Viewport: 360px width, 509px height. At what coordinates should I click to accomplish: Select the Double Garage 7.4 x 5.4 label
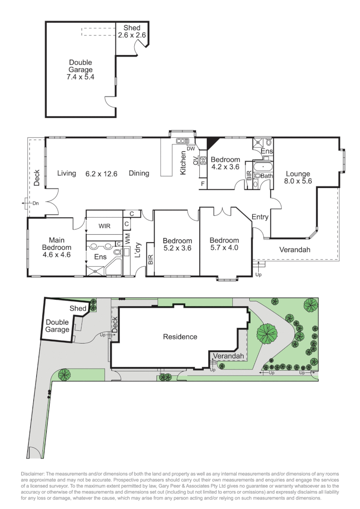pos(81,69)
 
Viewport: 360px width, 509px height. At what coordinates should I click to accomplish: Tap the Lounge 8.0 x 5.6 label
pos(298,177)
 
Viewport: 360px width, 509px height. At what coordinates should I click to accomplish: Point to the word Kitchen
pos(183,163)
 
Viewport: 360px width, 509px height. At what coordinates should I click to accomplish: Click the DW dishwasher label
pos(190,149)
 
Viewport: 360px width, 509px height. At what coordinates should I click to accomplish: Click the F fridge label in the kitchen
pos(203,183)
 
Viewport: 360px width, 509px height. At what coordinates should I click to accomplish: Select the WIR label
pos(104,226)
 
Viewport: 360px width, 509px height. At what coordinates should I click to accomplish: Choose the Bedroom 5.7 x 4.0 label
pos(224,244)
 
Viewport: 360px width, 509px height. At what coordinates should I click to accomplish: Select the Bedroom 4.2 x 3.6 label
pos(225,163)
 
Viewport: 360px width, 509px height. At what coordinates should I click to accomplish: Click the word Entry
pos(260,217)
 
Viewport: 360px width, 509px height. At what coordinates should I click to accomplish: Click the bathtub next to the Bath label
pos(260,167)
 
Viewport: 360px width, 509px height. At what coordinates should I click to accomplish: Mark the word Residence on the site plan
pos(180,337)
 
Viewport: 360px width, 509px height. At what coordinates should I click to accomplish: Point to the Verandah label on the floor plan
pos(295,250)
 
